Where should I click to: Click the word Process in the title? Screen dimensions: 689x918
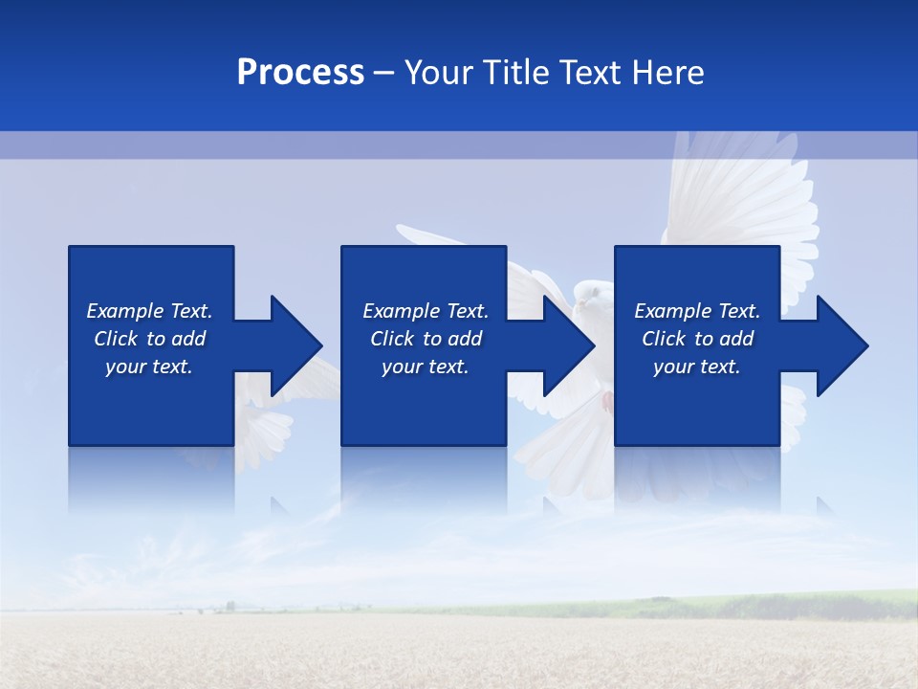(300, 73)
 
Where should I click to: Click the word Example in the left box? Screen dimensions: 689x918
(125, 311)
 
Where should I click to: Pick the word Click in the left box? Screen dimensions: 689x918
(117, 339)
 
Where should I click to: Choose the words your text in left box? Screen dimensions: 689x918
(149, 367)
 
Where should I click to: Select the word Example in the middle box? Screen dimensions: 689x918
(402, 311)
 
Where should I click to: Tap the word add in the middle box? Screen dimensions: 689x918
(465, 339)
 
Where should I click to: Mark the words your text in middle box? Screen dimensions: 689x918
(425, 367)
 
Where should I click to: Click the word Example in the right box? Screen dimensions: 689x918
(673, 311)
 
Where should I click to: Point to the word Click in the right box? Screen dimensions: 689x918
(665, 339)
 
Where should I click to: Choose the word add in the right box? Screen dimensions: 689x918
(736, 339)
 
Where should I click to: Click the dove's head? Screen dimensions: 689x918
(589, 292)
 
